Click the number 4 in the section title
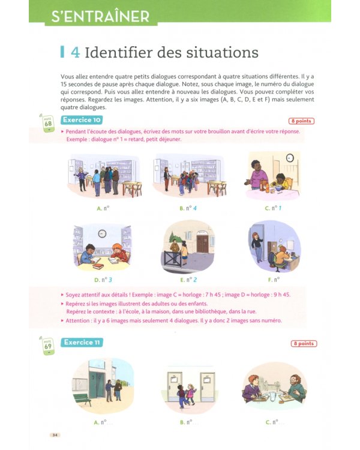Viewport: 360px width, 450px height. point(75,53)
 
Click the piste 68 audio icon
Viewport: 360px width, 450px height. point(47,124)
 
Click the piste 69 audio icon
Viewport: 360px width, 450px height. point(47,347)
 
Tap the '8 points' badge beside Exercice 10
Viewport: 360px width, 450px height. point(302,121)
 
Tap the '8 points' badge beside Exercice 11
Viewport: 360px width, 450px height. point(304,344)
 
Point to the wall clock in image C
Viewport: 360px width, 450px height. point(290,158)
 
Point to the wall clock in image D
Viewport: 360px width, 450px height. point(102,233)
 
